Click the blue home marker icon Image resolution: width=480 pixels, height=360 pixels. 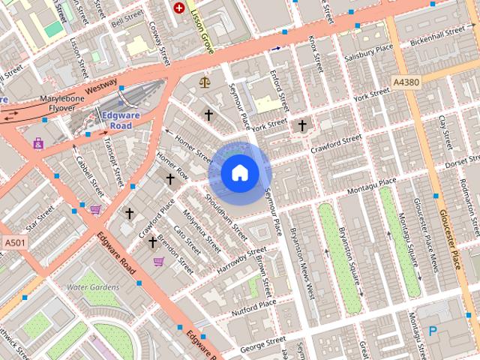point(240,173)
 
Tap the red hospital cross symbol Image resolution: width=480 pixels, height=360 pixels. point(179,8)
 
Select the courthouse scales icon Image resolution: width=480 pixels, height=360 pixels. point(204,80)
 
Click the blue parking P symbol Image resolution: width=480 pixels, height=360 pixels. point(433,330)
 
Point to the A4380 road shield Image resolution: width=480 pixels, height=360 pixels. point(407,81)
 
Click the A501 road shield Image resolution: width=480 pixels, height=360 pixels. point(13,243)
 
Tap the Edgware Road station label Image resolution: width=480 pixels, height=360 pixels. point(116,120)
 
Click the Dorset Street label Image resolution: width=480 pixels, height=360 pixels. point(462,162)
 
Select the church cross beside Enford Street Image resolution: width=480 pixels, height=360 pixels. point(302,125)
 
